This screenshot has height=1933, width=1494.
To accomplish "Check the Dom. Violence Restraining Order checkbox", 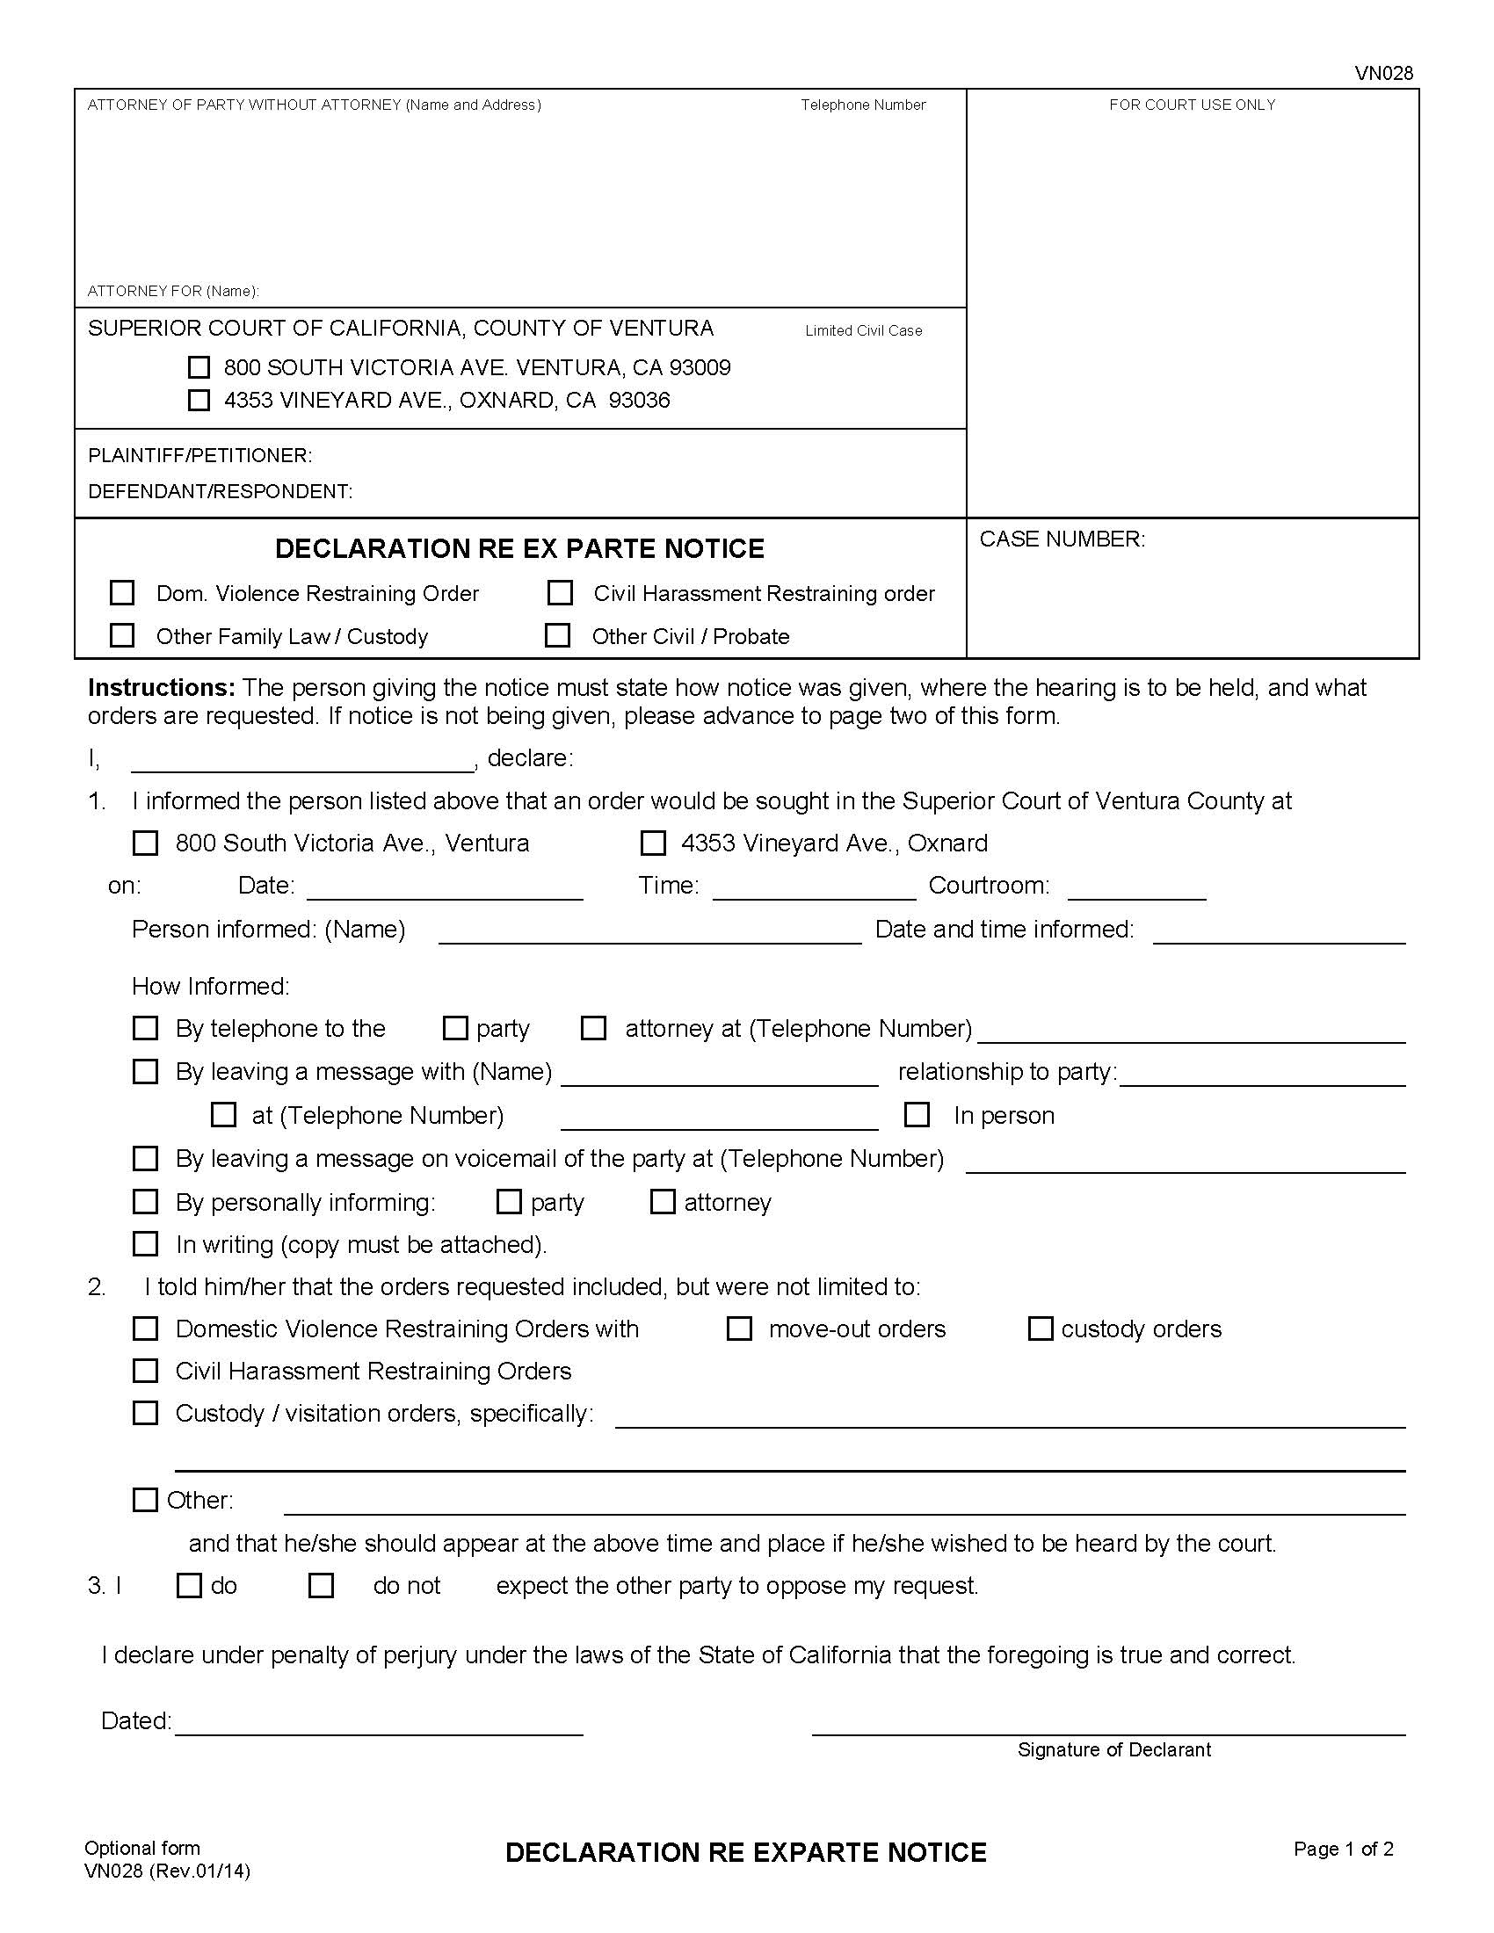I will pyautogui.click(x=122, y=592).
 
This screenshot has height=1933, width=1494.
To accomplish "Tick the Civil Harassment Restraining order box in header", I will pyautogui.click(x=561, y=592).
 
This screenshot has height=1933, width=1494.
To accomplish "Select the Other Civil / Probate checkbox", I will pyautogui.click(x=557, y=635).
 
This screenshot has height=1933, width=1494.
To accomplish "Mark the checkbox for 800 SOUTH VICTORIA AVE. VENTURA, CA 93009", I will pyautogui.click(x=199, y=367).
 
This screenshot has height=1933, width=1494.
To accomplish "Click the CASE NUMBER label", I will pyautogui.click(x=1062, y=539).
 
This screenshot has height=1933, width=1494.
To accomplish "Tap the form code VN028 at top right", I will pyautogui.click(x=1383, y=74).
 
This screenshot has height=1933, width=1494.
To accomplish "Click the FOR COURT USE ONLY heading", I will pyautogui.click(x=1192, y=105).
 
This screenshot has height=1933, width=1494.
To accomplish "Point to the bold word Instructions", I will pyautogui.click(x=161, y=688).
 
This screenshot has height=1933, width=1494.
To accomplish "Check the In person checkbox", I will pyautogui.click(x=917, y=1114).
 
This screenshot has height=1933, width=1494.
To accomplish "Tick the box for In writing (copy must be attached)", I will pyautogui.click(x=145, y=1243).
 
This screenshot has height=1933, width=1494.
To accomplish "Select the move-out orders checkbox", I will pyautogui.click(x=739, y=1328).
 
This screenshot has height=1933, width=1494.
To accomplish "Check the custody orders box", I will pyautogui.click(x=1041, y=1328).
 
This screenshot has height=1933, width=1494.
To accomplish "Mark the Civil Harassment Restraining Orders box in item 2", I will pyautogui.click(x=145, y=1371).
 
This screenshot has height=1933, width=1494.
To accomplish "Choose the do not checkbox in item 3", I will pyautogui.click(x=321, y=1585).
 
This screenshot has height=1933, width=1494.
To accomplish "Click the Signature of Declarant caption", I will pyautogui.click(x=1113, y=1748).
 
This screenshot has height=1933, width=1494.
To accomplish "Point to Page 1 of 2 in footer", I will pyautogui.click(x=1343, y=1848).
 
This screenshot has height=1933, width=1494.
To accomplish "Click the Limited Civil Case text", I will pyautogui.click(x=863, y=330).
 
